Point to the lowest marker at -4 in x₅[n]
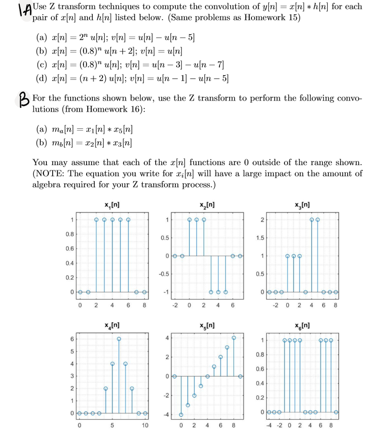181,414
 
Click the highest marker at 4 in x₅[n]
233,337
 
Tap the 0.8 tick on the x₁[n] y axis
70,234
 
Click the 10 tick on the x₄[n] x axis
145,426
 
